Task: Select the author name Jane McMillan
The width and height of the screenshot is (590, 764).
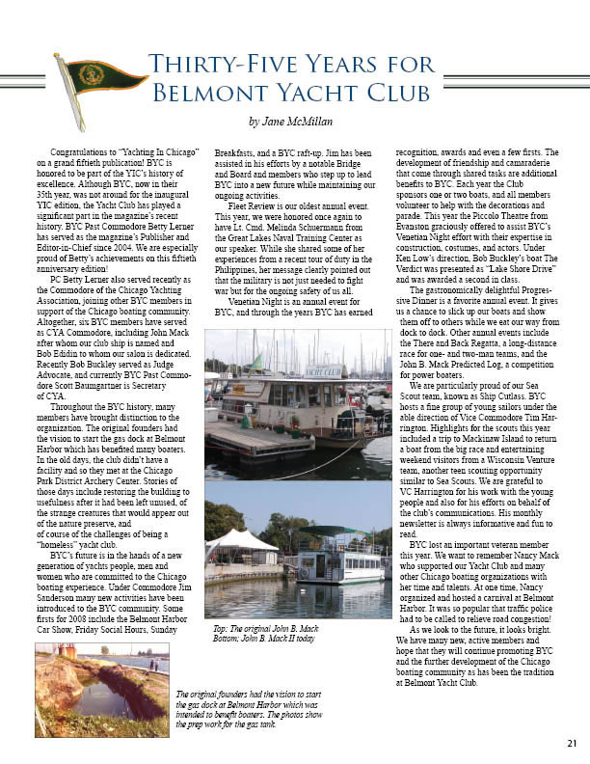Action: tap(297, 122)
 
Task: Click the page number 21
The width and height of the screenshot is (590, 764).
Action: tap(572, 742)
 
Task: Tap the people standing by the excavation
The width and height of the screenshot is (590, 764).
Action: tap(153, 666)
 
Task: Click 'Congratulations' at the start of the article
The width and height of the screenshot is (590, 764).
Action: tap(82, 153)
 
